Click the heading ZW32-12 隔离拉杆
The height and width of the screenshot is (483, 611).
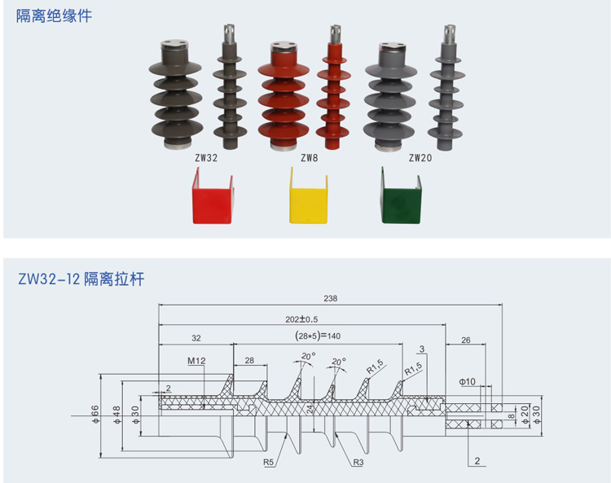[x=81, y=279]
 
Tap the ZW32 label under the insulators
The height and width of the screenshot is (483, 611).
[x=206, y=158]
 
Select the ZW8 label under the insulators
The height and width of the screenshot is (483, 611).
[x=309, y=158]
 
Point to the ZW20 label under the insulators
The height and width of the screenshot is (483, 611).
[x=420, y=158]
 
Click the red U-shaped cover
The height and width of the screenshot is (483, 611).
[x=211, y=196]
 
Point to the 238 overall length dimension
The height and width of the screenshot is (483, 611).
[x=330, y=298]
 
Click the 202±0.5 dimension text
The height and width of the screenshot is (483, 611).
[x=301, y=318]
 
